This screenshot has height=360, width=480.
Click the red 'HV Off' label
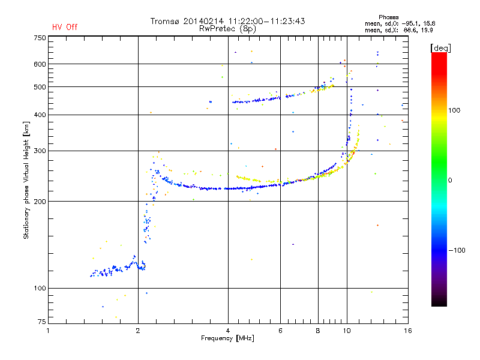pos(64,27)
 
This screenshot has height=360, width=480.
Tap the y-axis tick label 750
pos(39,38)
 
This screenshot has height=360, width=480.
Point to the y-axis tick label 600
pos(39,64)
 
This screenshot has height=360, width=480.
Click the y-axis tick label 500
pos(39,87)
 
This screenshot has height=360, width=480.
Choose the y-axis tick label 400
pos(39,115)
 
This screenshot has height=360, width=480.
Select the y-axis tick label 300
pos(39,151)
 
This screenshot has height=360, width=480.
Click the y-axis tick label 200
pos(39,202)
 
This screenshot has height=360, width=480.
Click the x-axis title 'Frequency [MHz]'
pos(228,339)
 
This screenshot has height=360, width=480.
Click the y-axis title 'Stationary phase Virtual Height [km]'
pos(26,180)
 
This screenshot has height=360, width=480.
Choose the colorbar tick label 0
pos(451,180)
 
